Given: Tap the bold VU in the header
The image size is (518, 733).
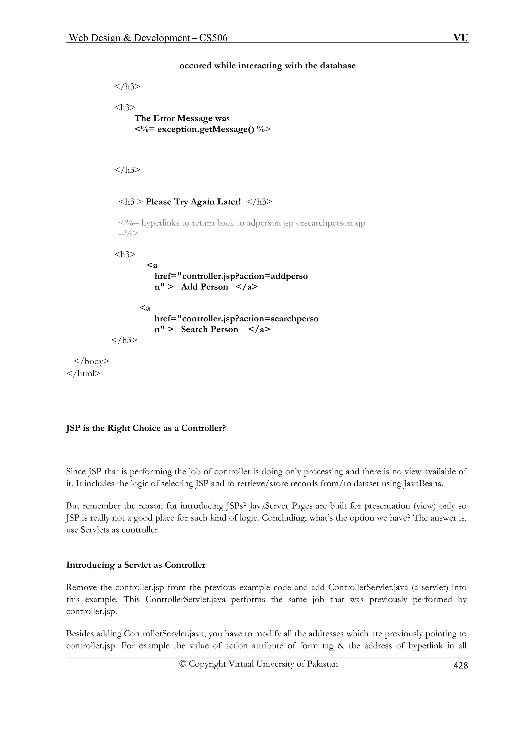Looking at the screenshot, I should pos(461,38).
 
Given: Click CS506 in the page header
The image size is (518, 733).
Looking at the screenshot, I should pos(213,38).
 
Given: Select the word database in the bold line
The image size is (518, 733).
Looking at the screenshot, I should pos(338,66).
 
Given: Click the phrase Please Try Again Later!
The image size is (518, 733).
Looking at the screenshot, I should pos(193,202).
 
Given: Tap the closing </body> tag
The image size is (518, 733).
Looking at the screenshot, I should pos(91,361).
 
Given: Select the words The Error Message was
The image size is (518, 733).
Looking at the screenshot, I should pos(182,118).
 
